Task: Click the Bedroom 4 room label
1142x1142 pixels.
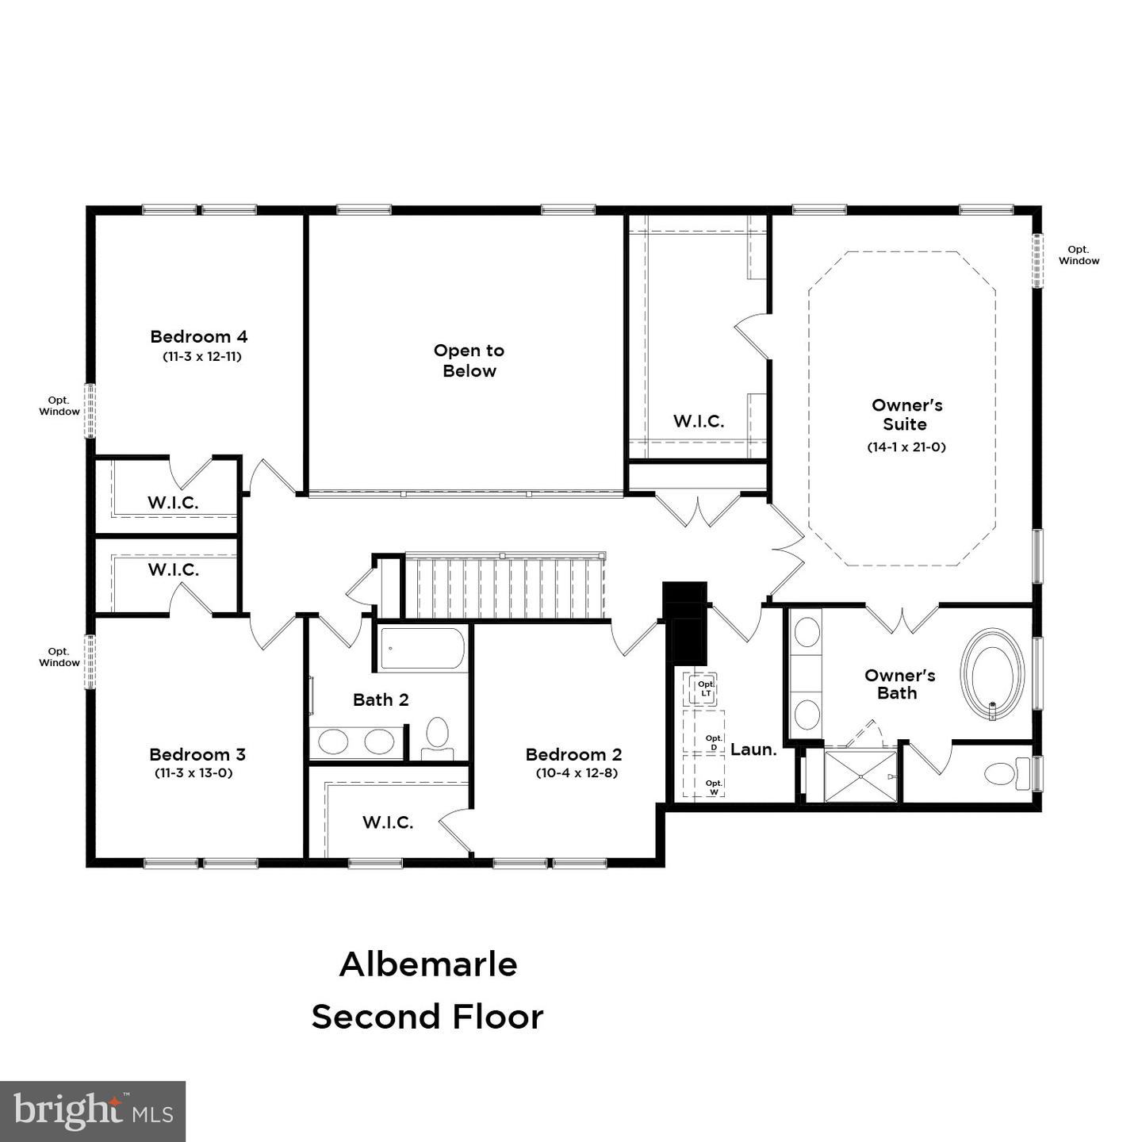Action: click(199, 336)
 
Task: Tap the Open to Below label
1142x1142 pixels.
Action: click(469, 360)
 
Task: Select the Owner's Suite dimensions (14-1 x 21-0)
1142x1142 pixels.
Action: click(906, 446)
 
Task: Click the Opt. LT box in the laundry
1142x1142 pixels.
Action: click(705, 688)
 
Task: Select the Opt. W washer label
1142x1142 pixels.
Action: click(714, 787)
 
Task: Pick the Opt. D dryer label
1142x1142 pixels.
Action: click(714, 742)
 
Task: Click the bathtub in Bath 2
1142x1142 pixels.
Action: click(421, 650)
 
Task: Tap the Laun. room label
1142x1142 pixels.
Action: click(753, 749)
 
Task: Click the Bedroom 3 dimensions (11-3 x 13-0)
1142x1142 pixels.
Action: click(194, 773)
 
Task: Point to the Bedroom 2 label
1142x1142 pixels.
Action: click(573, 754)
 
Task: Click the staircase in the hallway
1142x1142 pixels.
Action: click(505, 587)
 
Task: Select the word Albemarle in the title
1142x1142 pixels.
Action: click(428, 964)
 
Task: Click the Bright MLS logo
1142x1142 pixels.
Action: click(93, 1111)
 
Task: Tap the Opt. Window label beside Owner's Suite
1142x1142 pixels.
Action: click(1079, 255)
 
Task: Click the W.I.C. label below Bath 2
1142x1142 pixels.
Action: click(388, 822)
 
